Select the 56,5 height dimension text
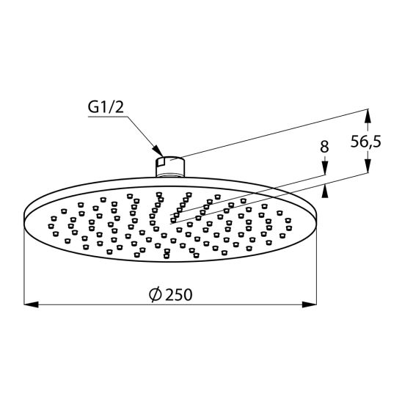pyautogui.click(x=365, y=142)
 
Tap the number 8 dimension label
pyautogui.click(x=324, y=147)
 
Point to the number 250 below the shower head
pyautogui.click(x=179, y=294)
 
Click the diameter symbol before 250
pyautogui.click(x=155, y=294)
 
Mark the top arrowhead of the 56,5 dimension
pyautogui.click(x=368, y=115)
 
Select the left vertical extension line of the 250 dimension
pyautogui.click(x=25, y=264)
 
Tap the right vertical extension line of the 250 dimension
pyautogui.click(x=316, y=264)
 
